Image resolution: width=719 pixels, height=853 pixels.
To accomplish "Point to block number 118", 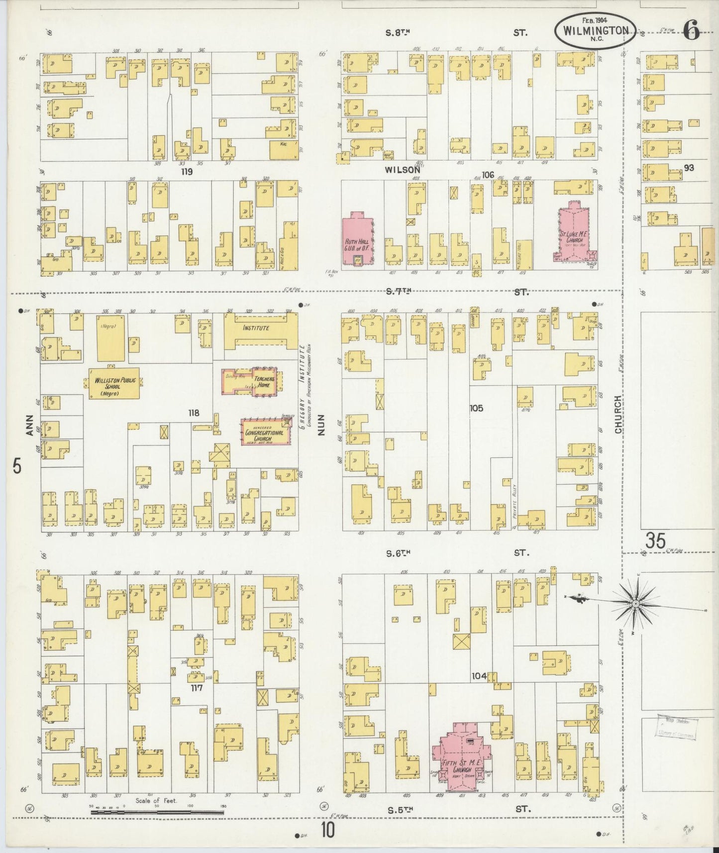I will [193, 413].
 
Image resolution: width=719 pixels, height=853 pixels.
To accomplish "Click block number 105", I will [476, 408].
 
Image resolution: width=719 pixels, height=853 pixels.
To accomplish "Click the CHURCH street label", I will [618, 414].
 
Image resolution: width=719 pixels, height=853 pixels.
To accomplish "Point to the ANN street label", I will [29, 426].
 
